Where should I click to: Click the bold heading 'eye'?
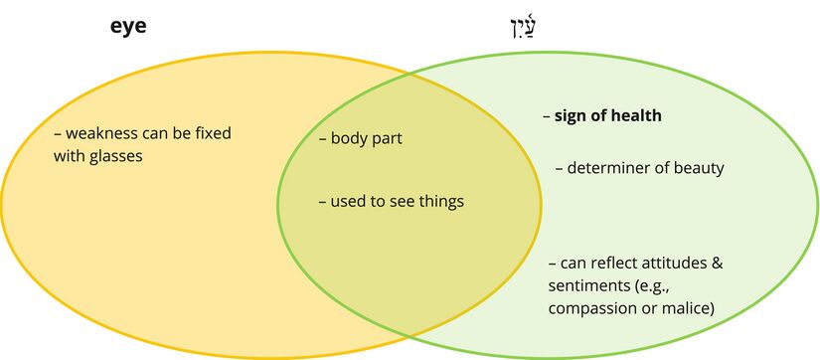coord(128,27)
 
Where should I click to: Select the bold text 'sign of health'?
coord(607,116)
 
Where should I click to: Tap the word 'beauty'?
coord(700,168)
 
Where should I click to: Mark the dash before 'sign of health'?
coord(546,116)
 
